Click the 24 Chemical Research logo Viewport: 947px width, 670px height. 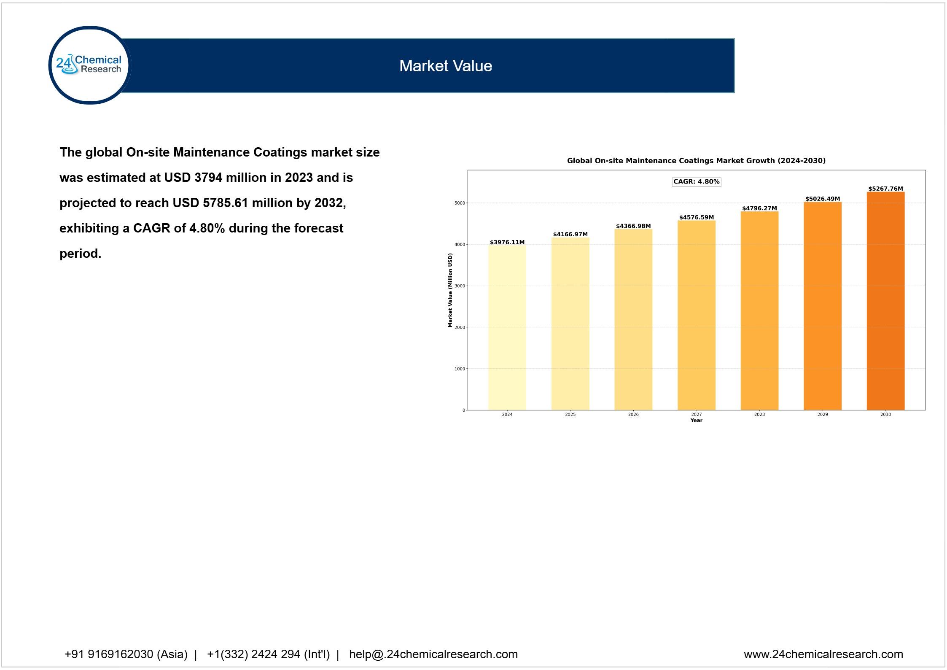[x=89, y=65]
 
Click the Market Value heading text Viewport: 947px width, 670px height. [x=445, y=66]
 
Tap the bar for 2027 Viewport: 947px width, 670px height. [x=696, y=315]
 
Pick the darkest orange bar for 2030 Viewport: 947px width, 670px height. [x=885, y=300]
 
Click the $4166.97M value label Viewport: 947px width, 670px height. [x=570, y=234]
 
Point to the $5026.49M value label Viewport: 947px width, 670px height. [x=822, y=199]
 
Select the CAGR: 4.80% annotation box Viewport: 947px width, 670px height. [x=696, y=182]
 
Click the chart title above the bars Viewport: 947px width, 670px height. [x=696, y=161]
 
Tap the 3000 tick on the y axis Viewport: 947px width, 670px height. [x=460, y=286]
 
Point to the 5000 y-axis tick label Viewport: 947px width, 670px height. [x=460, y=203]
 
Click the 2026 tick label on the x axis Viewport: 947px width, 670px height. [x=633, y=415]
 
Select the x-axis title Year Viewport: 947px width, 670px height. [x=696, y=420]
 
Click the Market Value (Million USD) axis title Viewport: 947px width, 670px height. [x=450, y=290]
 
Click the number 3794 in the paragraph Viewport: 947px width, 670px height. [x=208, y=178]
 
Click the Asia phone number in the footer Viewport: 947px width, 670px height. [x=126, y=654]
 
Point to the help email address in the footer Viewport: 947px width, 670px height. [x=433, y=654]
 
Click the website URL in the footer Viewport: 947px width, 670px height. [x=823, y=654]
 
